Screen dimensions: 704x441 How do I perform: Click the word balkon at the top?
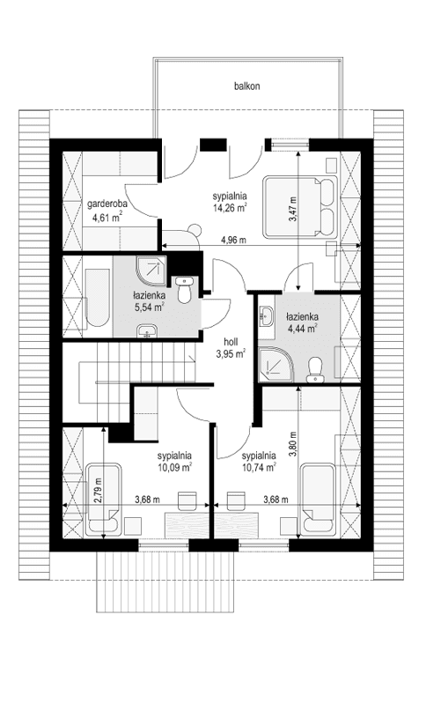(247, 86)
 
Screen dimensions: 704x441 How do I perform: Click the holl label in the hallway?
(230, 342)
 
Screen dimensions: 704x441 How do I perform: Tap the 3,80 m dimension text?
(294, 441)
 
